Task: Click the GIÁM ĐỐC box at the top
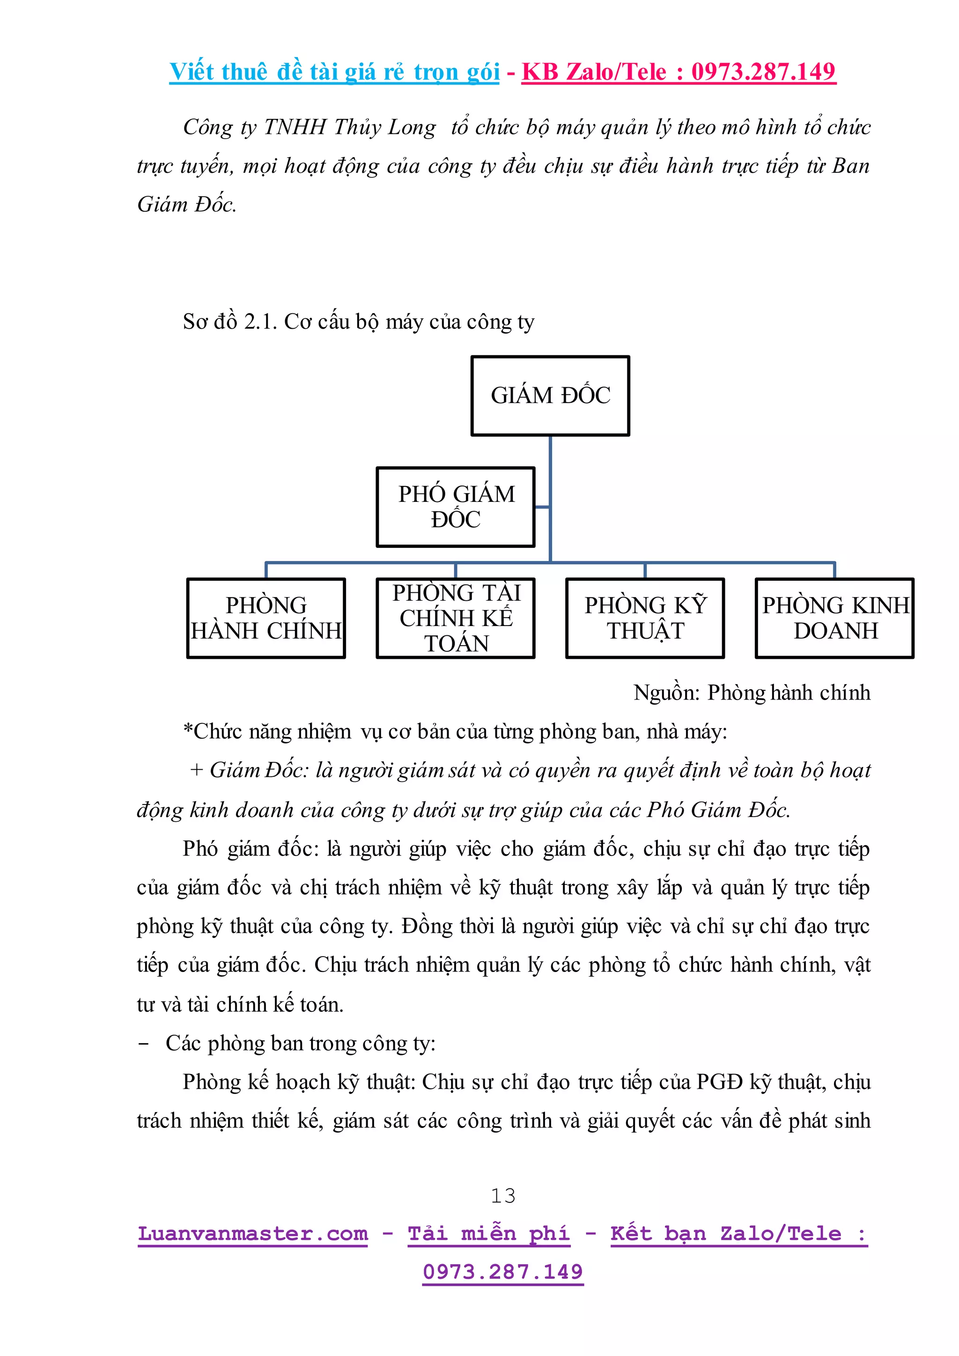pos(550,396)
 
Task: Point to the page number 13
pos(503,1196)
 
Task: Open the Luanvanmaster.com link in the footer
pos(253,1234)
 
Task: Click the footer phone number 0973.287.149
pos(503,1272)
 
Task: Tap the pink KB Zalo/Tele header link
pos(679,72)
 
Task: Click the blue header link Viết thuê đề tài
pos(334,72)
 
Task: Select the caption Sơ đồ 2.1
pos(230,322)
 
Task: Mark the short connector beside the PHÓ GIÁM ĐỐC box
pos(542,507)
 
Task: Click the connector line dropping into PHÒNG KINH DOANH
pos(834,570)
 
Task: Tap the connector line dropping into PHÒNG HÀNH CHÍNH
pos(266,570)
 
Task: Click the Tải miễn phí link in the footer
pos(488,1234)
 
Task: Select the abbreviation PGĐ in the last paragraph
pos(719,1082)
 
